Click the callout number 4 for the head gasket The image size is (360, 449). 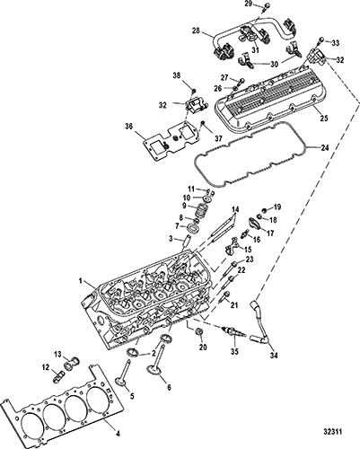pyautogui.click(x=118, y=433)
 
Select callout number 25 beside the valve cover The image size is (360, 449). pyautogui.click(x=323, y=119)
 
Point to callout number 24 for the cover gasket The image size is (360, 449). pyautogui.click(x=325, y=147)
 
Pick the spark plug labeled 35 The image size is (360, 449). pyautogui.click(x=234, y=332)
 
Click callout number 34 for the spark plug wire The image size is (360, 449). pyautogui.click(x=274, y=356)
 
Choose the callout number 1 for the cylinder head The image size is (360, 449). pyautogui.click(x=81, y=281)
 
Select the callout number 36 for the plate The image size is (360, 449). pyautogui.click(x=130, y=128)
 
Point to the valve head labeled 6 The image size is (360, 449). pyautogui.click(x=154, y=370)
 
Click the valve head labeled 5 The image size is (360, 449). pyautogui.click(x=122, y=383)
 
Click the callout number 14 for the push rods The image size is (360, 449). pyautogui.click(x=235, y=209)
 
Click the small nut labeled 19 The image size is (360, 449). pyautogui.click(x=264, y=209)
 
